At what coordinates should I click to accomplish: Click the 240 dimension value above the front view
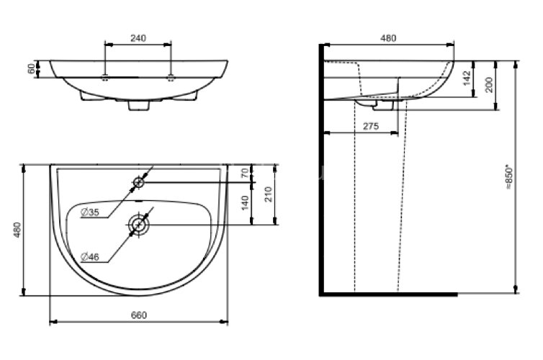138,38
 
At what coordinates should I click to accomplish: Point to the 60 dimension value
32,68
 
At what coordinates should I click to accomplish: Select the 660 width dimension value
139,315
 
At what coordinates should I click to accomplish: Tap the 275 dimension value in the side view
371,126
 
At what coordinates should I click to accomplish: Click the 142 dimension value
467,78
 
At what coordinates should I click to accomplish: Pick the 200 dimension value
489,84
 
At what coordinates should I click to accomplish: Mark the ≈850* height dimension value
508,178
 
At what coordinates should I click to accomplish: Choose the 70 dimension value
244,173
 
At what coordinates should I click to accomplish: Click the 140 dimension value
245,203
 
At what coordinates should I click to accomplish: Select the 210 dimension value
269,194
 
